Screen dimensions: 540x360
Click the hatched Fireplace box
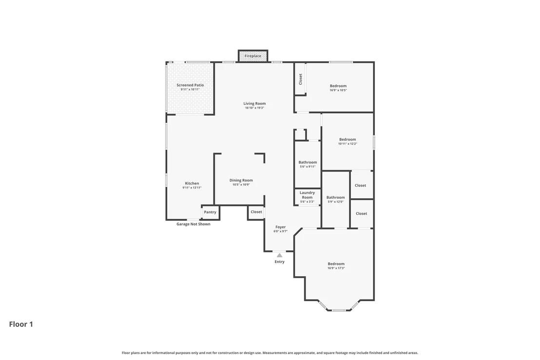pyautogui.click(x=253, y=56)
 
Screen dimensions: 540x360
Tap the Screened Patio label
pyautogui.click(x=190, y=85)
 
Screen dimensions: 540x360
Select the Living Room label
pyautogui.click(x=254, y=103)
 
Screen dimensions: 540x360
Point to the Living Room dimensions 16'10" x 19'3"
pyautogui.click(x=254, y=108)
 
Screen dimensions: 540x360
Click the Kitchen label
pyautogui.click(x=192, y=184)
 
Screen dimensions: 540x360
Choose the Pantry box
pyautogui.click(x=210, y=212)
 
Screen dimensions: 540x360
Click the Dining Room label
pyautogui.click(x=241, y=180)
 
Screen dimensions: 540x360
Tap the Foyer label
pyautogui.click(x=280, y=227)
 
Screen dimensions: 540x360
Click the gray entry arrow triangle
pyautogui.click(x=280, y=255)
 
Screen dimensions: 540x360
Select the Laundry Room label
pyautogui.click(x=307, y=195)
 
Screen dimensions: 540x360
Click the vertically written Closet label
pyautogui.click(x=300, y=79)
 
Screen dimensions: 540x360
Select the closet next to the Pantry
pyautogui.click(x=256, y=212)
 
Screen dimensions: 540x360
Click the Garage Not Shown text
pyautogui.click(x=193, y=224)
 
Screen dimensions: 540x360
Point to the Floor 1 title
pyautogui.click(x=21, y=324)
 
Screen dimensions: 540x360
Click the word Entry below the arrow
pyautogui.click(x=280, y=262)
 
